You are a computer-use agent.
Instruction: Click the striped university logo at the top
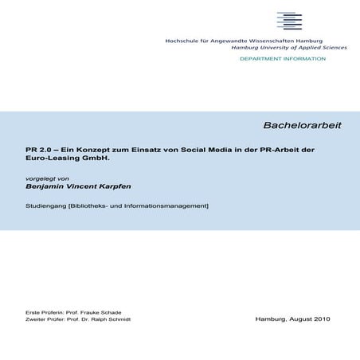(289, 22)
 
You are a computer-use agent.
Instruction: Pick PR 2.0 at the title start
(38, 149)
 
